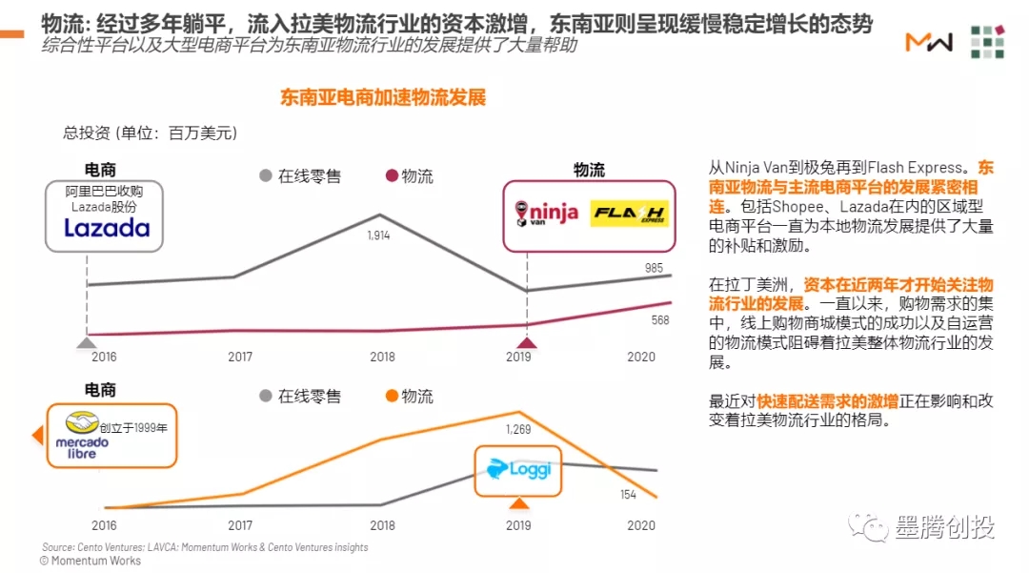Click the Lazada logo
point(107,228)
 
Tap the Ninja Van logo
point(546,213)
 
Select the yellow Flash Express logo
point(629,214)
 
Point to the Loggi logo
point(518,470)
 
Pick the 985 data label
point(654,269)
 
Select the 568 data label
point(659,320)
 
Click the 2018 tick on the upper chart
point(382,357)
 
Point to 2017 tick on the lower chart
point(240,525)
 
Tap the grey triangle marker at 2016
point(87,342)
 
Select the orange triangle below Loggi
point(518,504)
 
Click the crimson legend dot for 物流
point(390,175)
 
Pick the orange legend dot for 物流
point(390,396)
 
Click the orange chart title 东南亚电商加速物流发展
point(383,98)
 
